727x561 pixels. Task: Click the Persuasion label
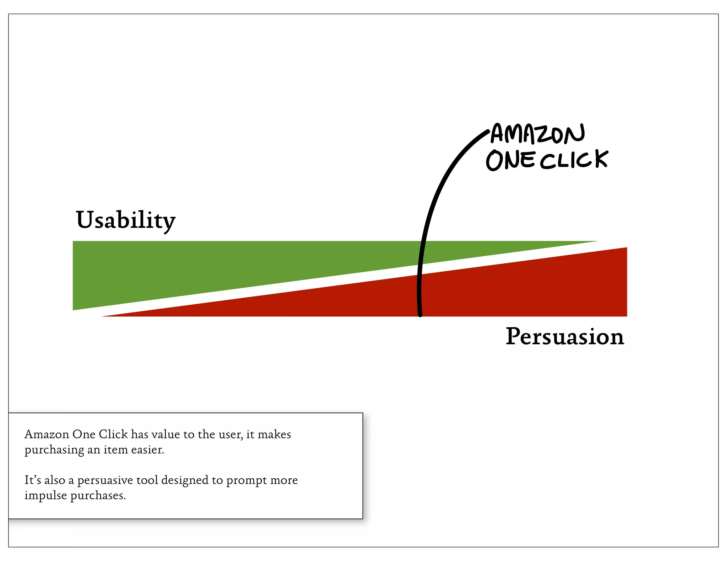pyautogui.click(x=564, y=337)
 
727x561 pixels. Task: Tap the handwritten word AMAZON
pyautogui.click(x=537, y=134)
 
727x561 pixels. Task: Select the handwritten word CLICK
pyautogui.click(x=574, y=160)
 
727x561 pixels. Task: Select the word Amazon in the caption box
pyautogui.click(x=47, y=434)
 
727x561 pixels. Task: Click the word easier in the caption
pyautogui.click(x=147, y=450)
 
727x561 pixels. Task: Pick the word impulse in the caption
pyautogui.click(x=45, y=496)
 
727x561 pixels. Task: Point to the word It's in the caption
pyautogui.click(x=32, y=480)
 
